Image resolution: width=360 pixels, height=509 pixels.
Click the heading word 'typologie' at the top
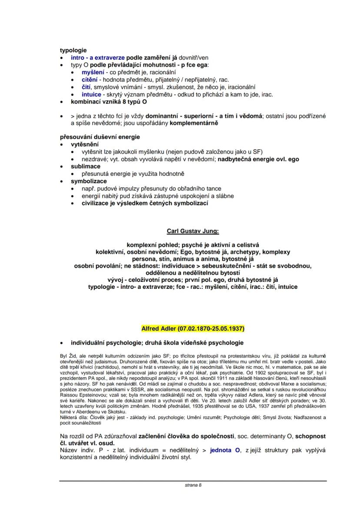pos(73,50)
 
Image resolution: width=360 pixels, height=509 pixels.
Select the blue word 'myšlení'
pos(93,72)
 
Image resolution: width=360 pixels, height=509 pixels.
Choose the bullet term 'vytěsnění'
pos(85,144)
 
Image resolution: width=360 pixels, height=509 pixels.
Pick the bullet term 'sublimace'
pos(86,166)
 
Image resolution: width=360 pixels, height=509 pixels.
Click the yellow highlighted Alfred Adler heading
pos(193,328)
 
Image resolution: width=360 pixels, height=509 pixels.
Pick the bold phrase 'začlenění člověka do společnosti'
pos(194,435)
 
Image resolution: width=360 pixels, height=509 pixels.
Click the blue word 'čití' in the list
pos(87,87)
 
